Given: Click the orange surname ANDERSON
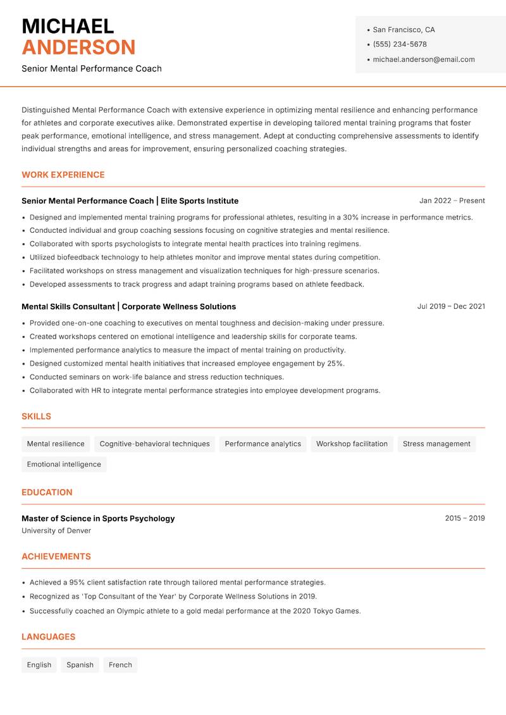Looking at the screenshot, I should pos(78,47).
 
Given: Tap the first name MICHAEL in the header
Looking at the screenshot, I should pos(68,26).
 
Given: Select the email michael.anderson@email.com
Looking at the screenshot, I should pos(423,59).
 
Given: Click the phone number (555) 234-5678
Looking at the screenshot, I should pos(399,44).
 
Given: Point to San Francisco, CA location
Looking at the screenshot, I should pos(404,30).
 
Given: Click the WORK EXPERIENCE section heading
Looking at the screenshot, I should pos(63,175).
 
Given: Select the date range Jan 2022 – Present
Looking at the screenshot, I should pos(452,201).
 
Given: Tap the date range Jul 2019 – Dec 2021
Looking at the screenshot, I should pos(451,306).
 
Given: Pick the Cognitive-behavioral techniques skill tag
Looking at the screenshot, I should pos(154,444).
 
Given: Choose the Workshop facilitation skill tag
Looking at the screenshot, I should pos(352,444).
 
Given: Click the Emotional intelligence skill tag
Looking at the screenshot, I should pos(64,464).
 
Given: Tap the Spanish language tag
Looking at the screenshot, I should pos(80,664).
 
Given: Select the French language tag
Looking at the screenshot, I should pos(120,664).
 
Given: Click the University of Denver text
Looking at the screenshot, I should pos(56,531).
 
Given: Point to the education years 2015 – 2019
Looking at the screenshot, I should pos(464,518).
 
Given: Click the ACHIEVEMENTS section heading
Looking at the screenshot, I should pos(56,556).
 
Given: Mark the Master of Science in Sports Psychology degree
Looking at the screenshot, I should pos(98,518).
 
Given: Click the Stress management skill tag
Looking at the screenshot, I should pos(436,444).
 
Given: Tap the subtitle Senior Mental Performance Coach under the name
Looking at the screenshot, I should pos(92,68).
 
